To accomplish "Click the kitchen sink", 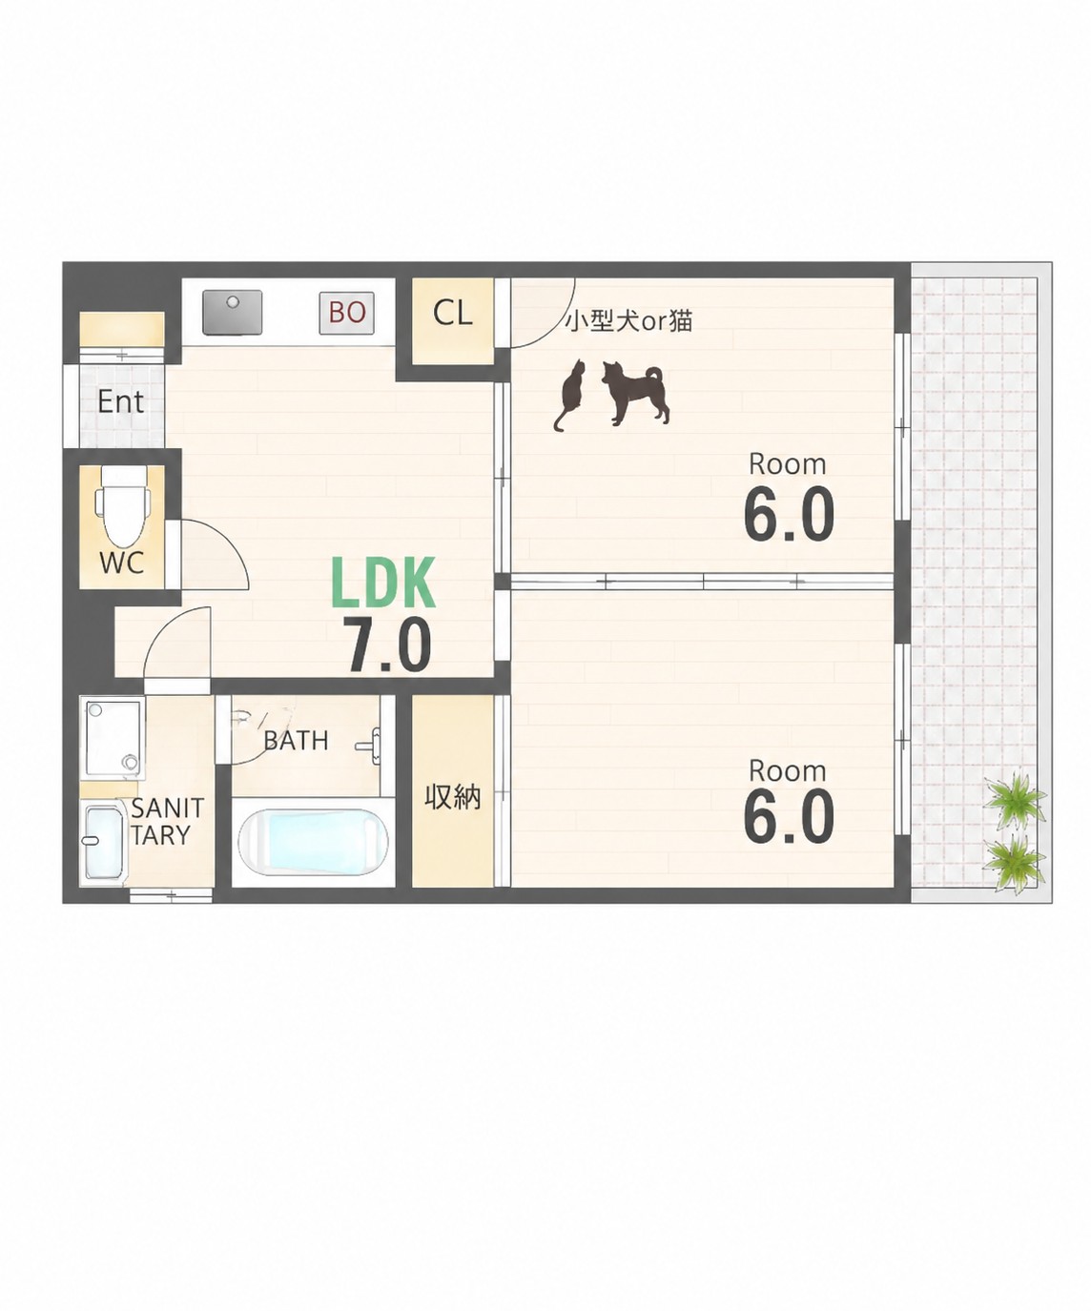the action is point(232,312).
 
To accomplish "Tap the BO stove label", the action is point(346,312).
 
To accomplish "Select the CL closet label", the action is point(452,313).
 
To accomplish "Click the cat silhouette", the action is point(569,395).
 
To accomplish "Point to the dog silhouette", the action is point(634,393).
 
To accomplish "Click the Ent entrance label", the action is point(120,401).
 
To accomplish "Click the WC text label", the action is point(122,562).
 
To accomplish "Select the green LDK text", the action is point(383,584).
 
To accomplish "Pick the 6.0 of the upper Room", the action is point(789,515).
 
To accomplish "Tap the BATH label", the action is point(296,741).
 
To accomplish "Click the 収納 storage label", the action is point(452,797).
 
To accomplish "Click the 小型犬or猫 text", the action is point(628,321).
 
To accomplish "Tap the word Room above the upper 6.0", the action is point(787,464).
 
